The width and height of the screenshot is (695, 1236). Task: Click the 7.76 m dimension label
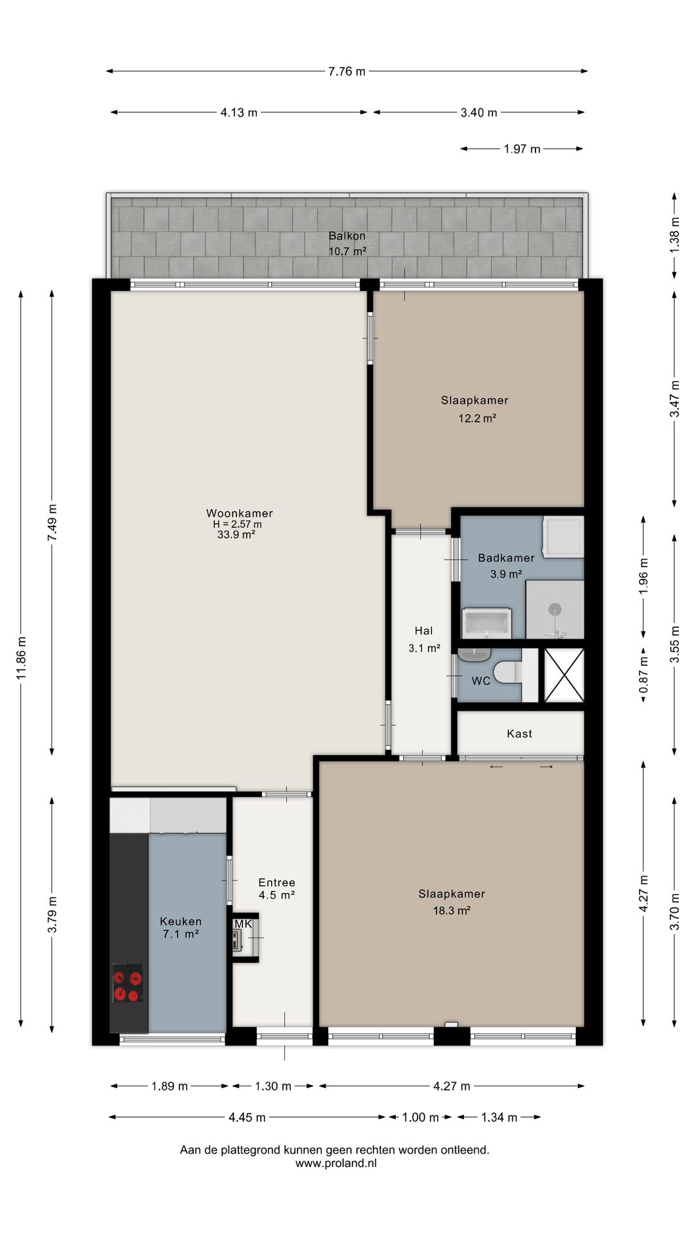347,71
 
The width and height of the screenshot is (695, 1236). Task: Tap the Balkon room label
347,236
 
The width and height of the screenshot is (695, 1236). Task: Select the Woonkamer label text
239,513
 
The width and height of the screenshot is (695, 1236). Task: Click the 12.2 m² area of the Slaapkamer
477,418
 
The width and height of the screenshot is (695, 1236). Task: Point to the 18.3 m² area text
452,910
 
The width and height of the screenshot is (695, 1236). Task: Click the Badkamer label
506,558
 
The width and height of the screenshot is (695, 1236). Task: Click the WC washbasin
475,655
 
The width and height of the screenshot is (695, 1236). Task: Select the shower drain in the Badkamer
554,608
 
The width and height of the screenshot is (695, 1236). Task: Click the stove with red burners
127,983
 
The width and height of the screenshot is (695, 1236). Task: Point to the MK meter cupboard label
243,924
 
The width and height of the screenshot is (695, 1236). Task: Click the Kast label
519,733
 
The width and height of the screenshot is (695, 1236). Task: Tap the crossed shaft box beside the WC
564,675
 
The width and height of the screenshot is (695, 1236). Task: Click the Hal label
423,631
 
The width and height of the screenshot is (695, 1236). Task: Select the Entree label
277,883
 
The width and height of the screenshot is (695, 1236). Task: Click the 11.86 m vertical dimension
21,657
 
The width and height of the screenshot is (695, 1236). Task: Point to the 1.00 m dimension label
420,1118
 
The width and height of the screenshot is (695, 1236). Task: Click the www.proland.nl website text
336,1163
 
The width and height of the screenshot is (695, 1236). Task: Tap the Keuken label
181,921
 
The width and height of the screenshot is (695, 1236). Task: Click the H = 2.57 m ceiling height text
237,524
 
